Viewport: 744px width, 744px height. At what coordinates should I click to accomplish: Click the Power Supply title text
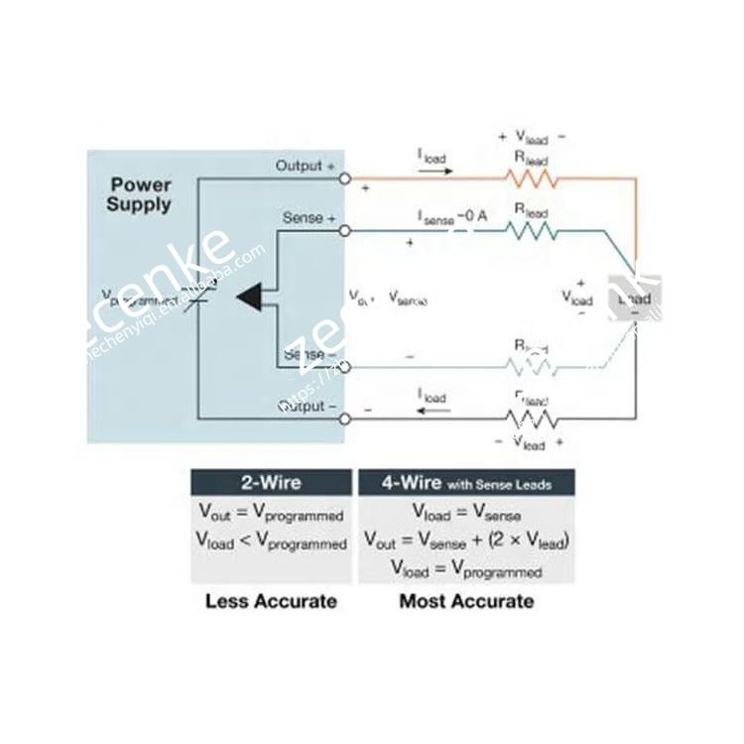[140, 194]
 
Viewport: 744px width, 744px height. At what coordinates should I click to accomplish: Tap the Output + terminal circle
[344, 178]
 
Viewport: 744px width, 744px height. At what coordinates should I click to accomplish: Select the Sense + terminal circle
[344, 230]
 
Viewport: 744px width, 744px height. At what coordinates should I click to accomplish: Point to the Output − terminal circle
[344, 419]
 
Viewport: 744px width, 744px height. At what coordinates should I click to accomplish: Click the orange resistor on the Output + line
[532, 179]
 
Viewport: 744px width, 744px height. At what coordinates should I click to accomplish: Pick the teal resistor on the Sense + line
[532, 230]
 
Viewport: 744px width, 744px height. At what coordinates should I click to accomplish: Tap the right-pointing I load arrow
[434, 170]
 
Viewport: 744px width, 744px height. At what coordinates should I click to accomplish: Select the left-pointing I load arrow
[433, 410]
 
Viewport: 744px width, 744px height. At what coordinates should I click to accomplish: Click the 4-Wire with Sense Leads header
[465, 483]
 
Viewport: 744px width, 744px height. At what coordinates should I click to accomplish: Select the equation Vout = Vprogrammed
[272, 515]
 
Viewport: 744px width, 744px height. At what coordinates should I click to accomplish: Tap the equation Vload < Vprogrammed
[272, 543]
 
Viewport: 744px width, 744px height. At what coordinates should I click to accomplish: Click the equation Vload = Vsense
[465, 514]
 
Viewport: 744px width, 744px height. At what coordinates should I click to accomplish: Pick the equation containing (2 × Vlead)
[465, 542]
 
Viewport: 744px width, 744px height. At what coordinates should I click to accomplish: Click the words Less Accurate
[271, 600]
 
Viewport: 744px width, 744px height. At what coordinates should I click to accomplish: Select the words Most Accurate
[465, 600]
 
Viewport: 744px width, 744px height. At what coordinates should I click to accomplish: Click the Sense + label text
[310, 217]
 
